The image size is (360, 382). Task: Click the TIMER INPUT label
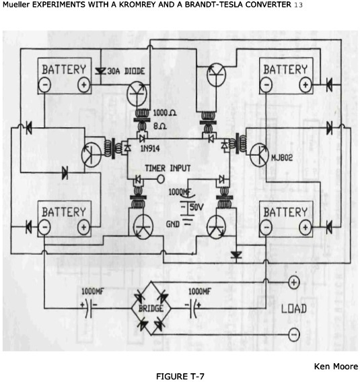168,168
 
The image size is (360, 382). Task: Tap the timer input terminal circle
161,179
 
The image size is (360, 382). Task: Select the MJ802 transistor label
282,158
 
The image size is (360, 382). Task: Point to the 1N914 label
150,149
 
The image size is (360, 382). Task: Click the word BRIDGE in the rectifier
151,309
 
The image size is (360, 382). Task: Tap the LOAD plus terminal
294,282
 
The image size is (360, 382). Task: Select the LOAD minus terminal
294,334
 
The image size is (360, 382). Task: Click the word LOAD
294,309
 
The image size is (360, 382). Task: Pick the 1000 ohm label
165,113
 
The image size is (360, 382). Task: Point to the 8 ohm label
159,126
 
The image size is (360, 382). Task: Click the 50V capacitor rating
196,207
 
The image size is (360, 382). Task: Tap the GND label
172,224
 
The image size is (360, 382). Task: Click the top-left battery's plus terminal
83,85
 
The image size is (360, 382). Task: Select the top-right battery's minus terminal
266,85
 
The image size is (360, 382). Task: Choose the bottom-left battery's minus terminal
44,227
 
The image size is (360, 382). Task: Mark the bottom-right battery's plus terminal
305,227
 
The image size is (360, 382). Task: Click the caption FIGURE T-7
180,377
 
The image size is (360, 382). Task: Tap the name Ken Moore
336,366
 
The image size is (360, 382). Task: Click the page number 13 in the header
298,5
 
